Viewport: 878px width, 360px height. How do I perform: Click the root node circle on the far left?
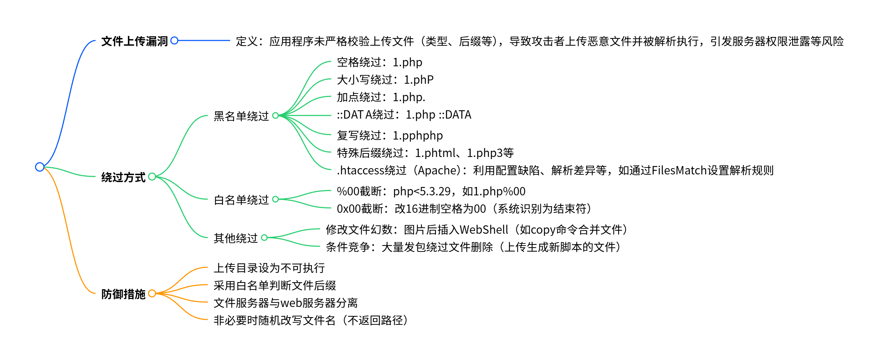coord(40,167)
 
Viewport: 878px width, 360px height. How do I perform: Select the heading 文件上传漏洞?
coord(135,41)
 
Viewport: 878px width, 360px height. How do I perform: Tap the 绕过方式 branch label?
coord(123,177)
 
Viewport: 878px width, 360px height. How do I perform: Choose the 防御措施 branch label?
coord(123,294)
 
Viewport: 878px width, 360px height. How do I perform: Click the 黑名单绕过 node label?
coord(241,116)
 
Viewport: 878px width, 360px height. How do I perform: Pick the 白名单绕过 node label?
coord(241,200)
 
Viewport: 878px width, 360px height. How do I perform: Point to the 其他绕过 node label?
coord(235,238)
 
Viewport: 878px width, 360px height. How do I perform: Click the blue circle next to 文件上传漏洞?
coord(174,40)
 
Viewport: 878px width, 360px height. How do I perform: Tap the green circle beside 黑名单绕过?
coord(275,115)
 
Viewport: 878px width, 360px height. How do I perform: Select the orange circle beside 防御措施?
coord(152,293)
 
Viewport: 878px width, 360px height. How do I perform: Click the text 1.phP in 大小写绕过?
coord(418,80)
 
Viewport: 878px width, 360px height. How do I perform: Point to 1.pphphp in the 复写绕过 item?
coord(418,135)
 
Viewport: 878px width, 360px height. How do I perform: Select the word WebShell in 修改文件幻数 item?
coord(484,230)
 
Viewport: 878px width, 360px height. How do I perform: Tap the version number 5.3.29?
coord(435,191)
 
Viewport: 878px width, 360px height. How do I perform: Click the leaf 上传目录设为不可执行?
coord(269,268)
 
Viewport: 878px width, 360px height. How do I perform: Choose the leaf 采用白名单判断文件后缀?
coord(275,285)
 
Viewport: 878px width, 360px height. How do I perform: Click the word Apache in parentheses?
coord(439,170)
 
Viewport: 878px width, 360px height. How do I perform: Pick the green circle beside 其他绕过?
coord(264,238)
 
